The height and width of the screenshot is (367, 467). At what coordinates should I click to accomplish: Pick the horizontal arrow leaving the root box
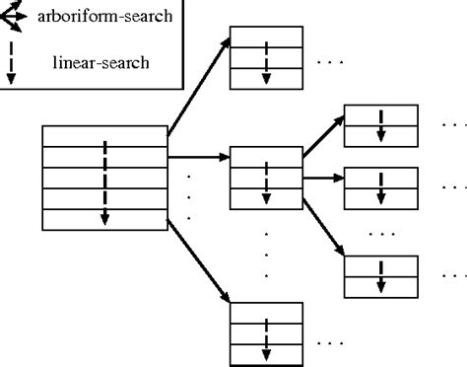tap(198, 156)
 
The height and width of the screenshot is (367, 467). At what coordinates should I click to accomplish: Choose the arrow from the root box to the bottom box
tap(199, 260)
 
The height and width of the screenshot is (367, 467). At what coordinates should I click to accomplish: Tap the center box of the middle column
tap(265, 179)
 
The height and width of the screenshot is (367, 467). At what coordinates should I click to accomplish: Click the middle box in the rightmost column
tap(379, 184)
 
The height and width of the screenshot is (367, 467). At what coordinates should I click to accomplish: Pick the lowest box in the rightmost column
tap(379, 275)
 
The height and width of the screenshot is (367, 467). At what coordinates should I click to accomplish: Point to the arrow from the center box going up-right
tap(323, 135)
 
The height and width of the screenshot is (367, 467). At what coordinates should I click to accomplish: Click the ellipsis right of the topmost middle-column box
tap(329, 63)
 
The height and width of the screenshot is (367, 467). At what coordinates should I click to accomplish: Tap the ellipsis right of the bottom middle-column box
tap(329, 342)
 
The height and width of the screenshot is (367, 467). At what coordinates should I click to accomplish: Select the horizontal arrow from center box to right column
tap(322, 178)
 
